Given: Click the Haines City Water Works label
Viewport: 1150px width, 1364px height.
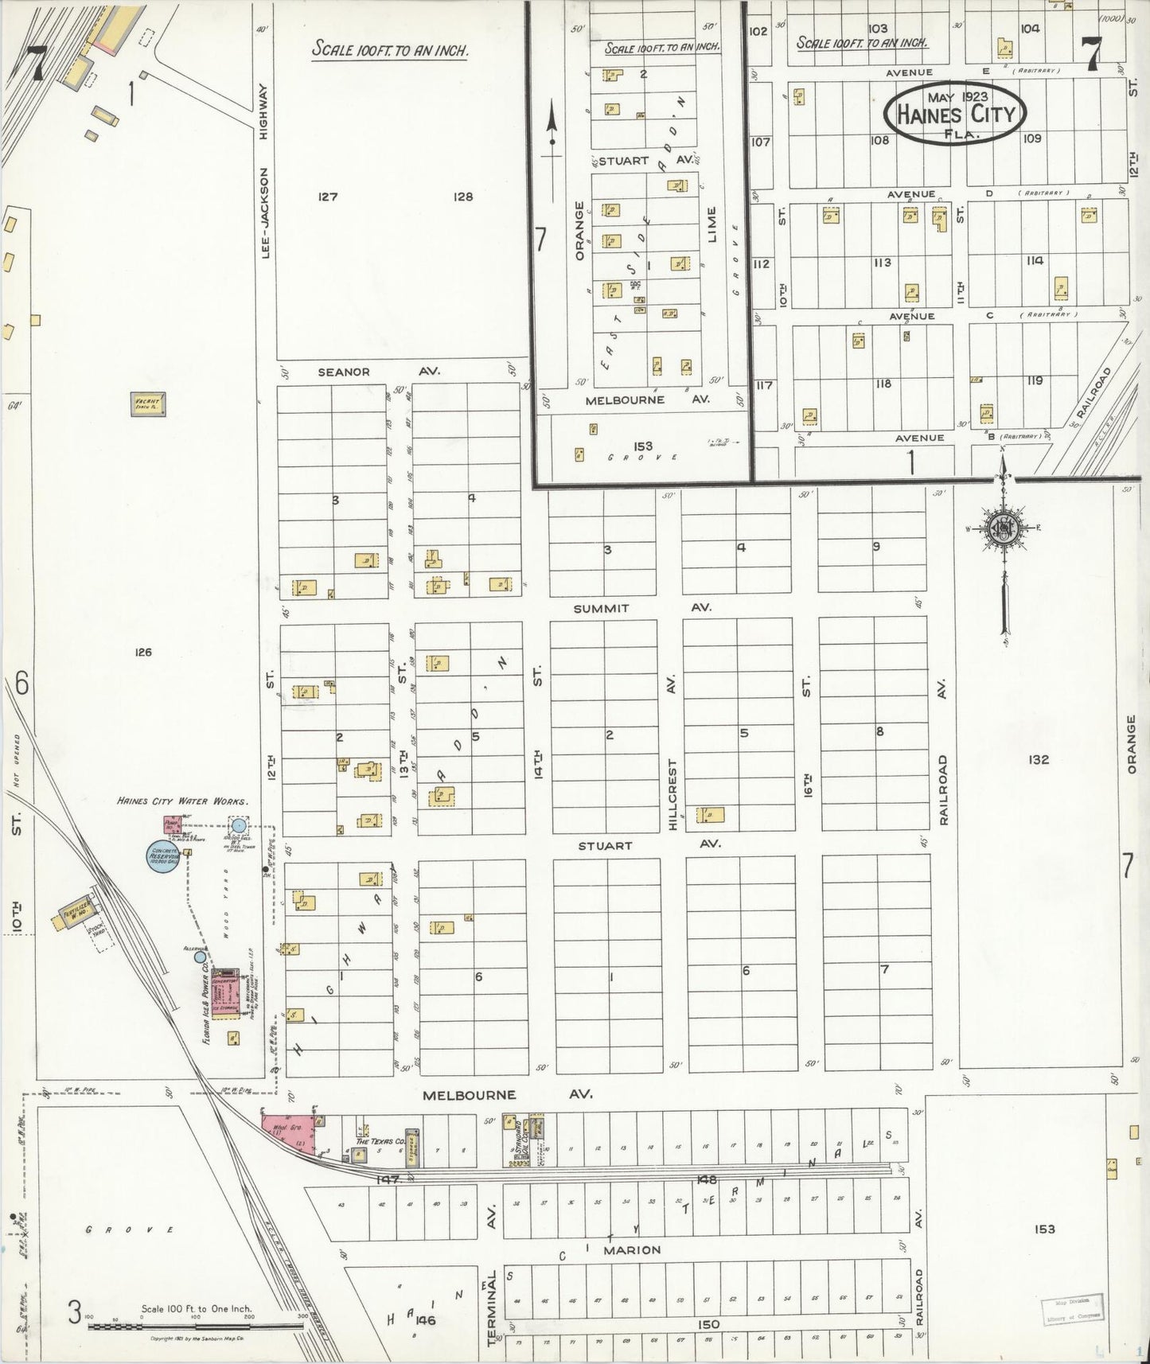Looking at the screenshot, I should point(182,801).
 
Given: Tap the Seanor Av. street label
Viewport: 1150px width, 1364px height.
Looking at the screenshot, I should point(379,372).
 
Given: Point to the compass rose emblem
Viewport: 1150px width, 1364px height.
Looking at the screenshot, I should point(1004,529).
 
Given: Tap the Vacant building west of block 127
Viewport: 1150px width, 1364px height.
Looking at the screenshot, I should point(148,403).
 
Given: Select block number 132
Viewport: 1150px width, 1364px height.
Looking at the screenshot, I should point(1038,759).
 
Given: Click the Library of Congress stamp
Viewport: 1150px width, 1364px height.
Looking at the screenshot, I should point(1072,1307).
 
